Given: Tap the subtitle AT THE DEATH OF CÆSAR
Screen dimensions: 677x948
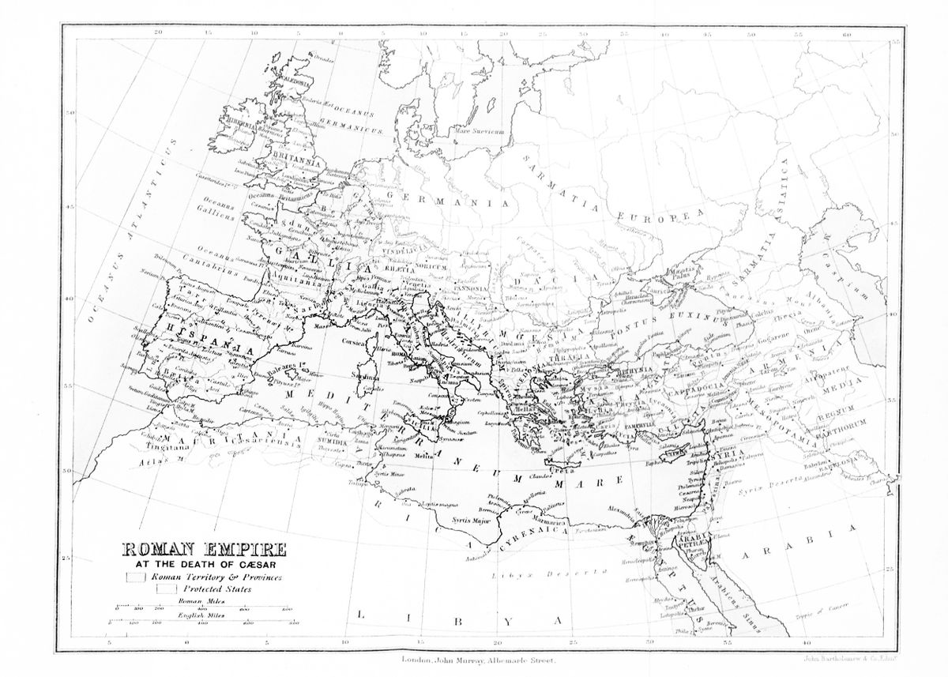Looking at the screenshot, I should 191,566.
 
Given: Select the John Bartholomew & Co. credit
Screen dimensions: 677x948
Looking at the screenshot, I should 863,655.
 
